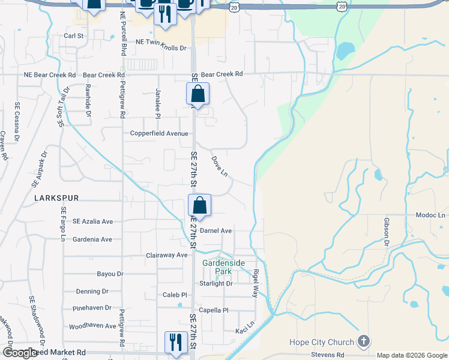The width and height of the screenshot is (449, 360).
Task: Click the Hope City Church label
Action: pyautogui.click(x=321, y=343)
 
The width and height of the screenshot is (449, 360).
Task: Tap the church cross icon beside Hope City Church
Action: pyautogui.click(x=363, y=342)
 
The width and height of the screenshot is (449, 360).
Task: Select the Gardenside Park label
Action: pyautogui.click(x=217, y=266)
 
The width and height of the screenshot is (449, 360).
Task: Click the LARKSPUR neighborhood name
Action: pyautogui.click(x=56, y=197)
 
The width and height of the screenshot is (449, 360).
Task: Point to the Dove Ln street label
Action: pyautogui.click(x=220, y=167)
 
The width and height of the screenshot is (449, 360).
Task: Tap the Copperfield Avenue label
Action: pyautogui.click(x=159, y=133)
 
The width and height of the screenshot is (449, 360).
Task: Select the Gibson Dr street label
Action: pyautogui.click(x=387, y=232)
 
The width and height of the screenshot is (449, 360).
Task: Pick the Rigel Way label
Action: pyautogui.click(x=255, y=283)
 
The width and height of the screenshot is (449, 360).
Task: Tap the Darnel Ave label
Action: pyautogui.click(x=215, y=230)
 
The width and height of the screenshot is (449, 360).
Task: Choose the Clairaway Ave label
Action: pyautogui.click(x=167, y=255)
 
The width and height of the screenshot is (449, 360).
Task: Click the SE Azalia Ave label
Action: pyautogui.click(x=92, y=221)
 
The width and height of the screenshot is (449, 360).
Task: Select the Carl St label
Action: pyautogui.click(x=73, y=36)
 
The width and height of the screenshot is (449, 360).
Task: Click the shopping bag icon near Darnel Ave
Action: pyautogui.click(x=199, y=205)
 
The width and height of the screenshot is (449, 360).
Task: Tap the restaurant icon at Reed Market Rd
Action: pyautogui.click(x=176, y=342)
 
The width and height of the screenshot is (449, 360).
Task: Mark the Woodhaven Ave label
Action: pyautogui.click(x=92, y=326)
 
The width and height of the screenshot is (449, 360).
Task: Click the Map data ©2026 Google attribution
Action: pyautogui.click(x=412, y=355)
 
